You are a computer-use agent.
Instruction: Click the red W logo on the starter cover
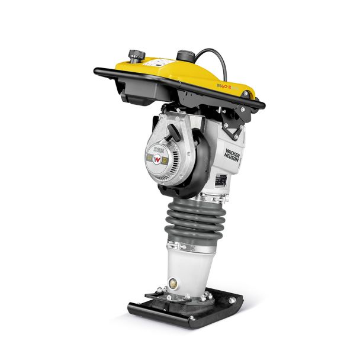(x=156, y=159)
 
